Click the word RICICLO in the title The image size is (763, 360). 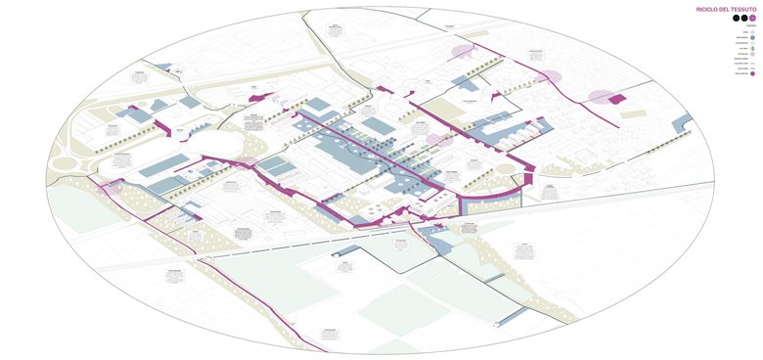tap(703, 8)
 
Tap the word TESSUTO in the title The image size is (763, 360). tap(742, 8)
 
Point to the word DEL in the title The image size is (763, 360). tap(723, 8)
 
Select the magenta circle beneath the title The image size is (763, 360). tap(753, 18)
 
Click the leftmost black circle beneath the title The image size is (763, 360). tap(734, 18)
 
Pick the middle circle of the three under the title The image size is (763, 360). tap(743, 18)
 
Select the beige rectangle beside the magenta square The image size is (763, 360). tap(634, 114)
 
